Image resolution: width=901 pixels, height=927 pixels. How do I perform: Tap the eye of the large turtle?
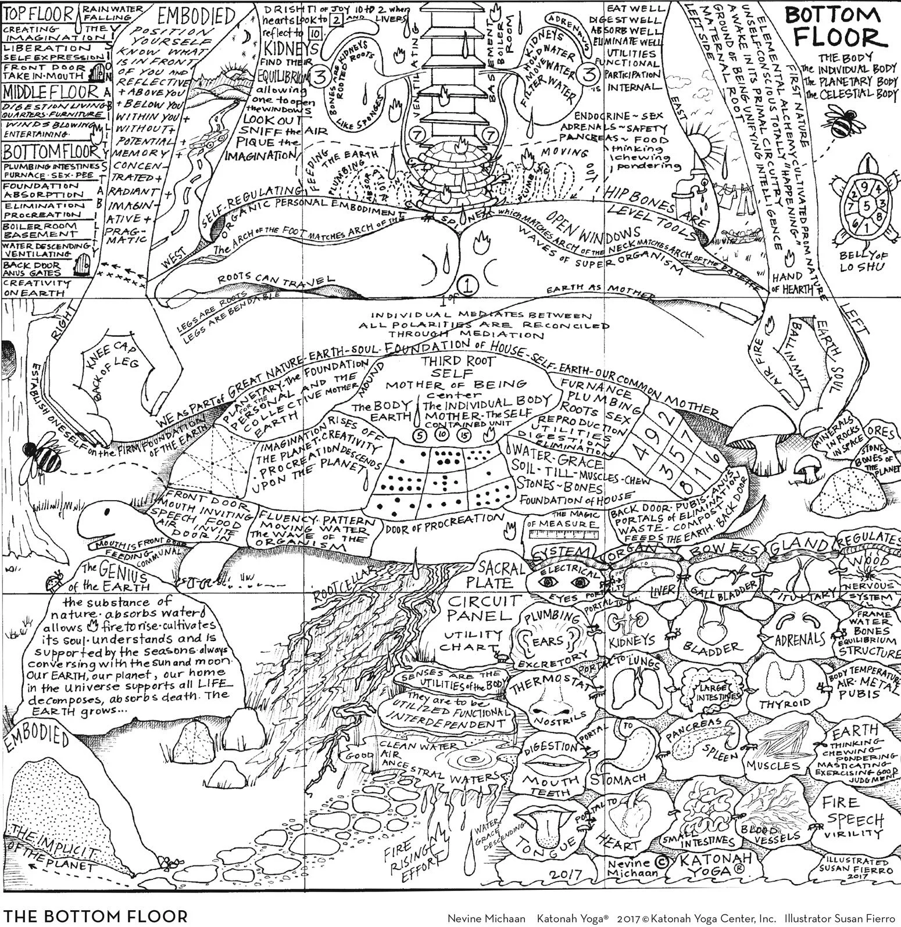pos(106,512)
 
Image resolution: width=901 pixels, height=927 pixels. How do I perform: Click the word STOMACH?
pos(618,779)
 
